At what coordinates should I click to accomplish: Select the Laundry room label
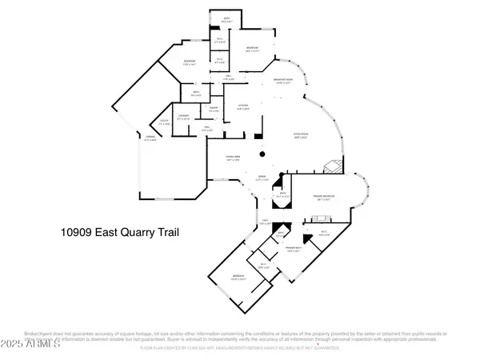click(183, 117)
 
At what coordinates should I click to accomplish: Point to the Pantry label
click(214, 108)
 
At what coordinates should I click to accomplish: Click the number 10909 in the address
click(77, 233)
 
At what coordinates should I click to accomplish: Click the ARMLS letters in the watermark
click(46, 343)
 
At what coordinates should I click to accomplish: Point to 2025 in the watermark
click(14, 343)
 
